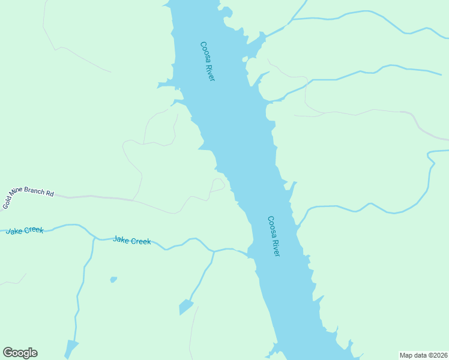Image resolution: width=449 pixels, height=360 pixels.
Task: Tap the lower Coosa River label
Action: pyautogui.click(x=274, y=236)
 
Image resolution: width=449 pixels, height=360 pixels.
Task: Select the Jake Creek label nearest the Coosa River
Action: pyautogui.click(x=132, y=240)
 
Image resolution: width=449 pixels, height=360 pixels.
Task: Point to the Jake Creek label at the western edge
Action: pyautogui.click(x=25, y=230)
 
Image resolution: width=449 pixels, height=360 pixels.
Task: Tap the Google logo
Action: pyautogui.click(x=20, y=353)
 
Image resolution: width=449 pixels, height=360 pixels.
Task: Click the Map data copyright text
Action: pyautogui.click(x=423, y=355)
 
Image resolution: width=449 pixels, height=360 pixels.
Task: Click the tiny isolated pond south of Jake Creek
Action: pyautogui.click(x=113, y=280)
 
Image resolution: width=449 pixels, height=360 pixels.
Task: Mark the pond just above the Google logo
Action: pyautogui.click(x=71, y=347)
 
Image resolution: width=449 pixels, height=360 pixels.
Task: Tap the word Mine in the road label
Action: pyautogui.click(x=20, y=197)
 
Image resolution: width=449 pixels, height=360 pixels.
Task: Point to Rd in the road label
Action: pyautogui.click(x=50, y=194)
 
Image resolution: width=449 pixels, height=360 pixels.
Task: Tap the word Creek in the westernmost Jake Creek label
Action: pyautogui.click(x=34, y=230)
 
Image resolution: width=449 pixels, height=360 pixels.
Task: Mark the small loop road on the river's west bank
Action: pyautogui.click(x=217, y=184)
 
